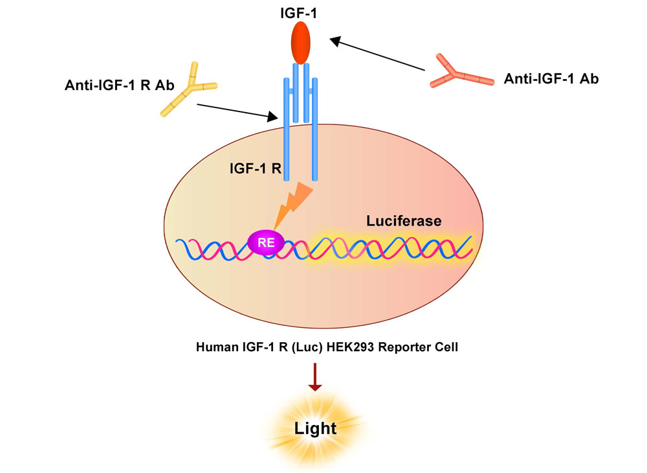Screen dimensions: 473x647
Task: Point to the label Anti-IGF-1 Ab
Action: click(x=551, y=79)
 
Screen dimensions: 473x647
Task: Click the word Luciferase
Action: click(x=404, y=221)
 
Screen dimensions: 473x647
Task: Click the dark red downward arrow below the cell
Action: click(x=315, y=376)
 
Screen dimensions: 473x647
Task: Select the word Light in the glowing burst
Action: click(x=315, y=428)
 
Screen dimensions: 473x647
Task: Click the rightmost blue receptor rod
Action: click(x=314, y=130)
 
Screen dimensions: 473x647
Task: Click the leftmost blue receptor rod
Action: click(x=285, y=130)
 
